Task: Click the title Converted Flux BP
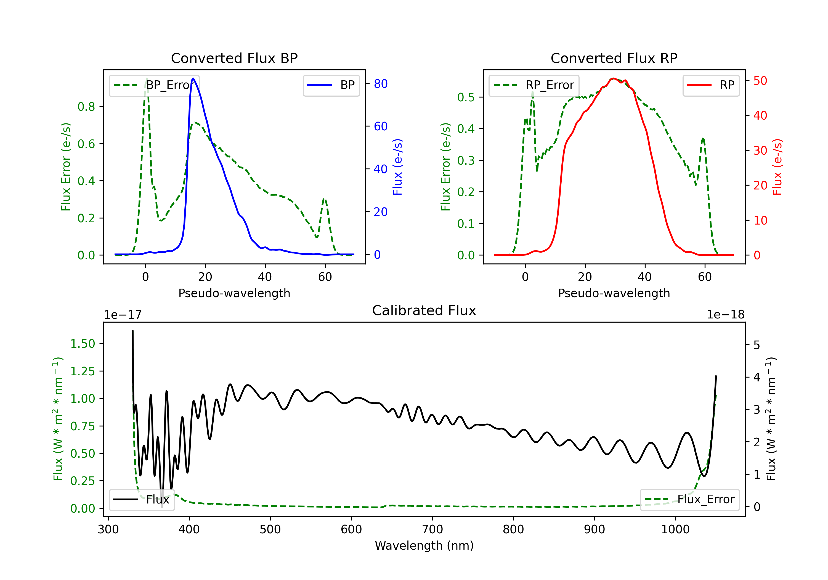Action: click(x=234, y=58)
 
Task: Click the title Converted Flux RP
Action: click(x=614, y=58)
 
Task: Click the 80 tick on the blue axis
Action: click(x=380, y=84)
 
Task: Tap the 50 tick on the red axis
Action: click(x=760, y=81)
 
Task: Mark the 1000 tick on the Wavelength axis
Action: click(x=675, y=529)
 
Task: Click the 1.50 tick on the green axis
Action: click(x=83, y=344)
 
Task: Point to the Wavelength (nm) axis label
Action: click(x=424, y=545)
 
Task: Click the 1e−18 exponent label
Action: click(x=726, y=315)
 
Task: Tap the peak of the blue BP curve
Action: click(x=193, y=78)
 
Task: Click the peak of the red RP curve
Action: click(x=613, y=78)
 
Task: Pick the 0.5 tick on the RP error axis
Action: click(x=466, y=97)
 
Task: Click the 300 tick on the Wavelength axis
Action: click(x=108, y=529)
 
